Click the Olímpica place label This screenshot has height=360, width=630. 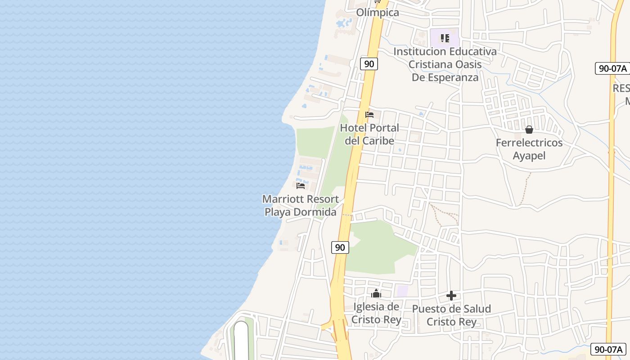pyautogui.click(x=378, y=13)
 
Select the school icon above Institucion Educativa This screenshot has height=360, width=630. pyautogui.click(x=445, y=38)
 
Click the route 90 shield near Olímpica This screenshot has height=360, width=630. pyautogui.click(x=369, y=64)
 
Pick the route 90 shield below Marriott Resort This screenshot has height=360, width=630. pyautogui.click(x=340, y=247)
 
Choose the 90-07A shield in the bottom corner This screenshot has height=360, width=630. pyautogui.click(x=609, y=349)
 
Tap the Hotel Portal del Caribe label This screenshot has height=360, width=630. pyautogui.click(x=369, y=134)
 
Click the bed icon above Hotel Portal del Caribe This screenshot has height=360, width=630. pyautogui.click(x=369, y=115)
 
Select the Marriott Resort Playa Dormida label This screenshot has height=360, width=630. pyautogui.click(x=300, y=205)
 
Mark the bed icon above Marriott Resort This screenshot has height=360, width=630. pyautogui.click(x=301, y=185)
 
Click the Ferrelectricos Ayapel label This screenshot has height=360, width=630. pyautogui.click(x=529, y=149)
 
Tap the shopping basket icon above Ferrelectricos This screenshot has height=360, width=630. pyautogui.click(x=529, y=130)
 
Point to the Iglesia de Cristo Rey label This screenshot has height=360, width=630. pyautogui.click(x=376, y=313)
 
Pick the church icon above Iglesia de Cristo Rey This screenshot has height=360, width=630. pyautogui.click(x=376, y=294)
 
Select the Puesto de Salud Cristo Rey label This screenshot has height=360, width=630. pyautogui.click(x=451, y=315)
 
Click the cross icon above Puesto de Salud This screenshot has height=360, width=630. pyautogui.click(x=451, y=296)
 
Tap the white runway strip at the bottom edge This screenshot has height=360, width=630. pyautogui.click(x=241, y=342)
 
